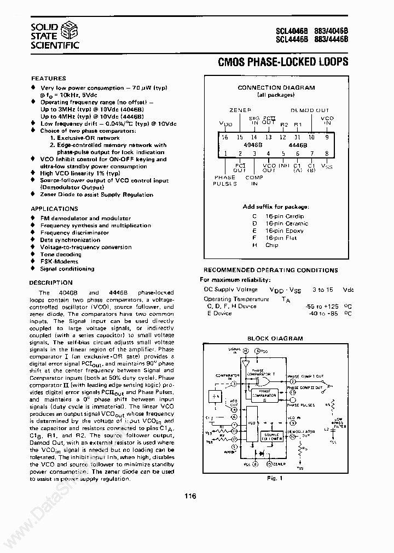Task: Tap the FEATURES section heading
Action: click(48, 78)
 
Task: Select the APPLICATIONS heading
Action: click(54, 209)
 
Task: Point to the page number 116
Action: click(190, 496)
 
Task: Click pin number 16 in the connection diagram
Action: click(224, 137)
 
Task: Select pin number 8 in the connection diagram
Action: click(326, 154)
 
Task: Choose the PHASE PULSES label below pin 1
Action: click(225, 181)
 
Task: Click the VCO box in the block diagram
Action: click(252, 423)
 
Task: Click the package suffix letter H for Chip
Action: click(254, 245)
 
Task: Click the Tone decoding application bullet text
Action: click(60, 254)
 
